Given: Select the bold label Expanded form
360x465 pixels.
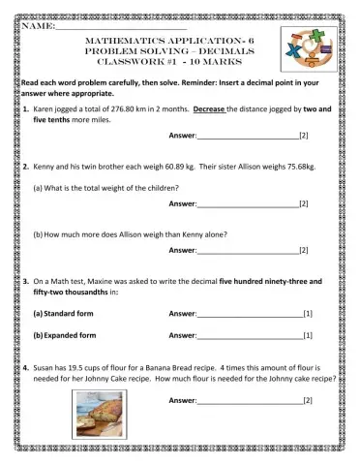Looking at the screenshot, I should (x=67, y=335).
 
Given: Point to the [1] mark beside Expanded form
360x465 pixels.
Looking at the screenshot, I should (x=307, y=335).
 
